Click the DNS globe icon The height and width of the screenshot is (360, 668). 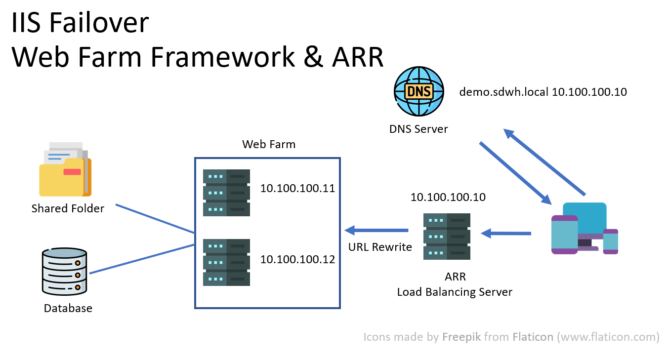pyautogui.click(x=418, y=91)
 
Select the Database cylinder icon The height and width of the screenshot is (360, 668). pyautogui.click(x=65, y=272)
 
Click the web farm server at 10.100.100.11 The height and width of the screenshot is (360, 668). pyautogui.click(x=226, y=193)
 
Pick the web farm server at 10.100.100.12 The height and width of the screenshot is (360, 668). pyautogui.click(x=226, y=262)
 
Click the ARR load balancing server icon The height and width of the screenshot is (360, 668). pyautogui.click(x=447, y=237)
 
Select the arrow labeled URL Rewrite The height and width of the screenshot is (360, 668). pyautogui.click(x=376, y=230)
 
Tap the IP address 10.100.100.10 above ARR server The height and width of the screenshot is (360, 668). pyautogui.click(x=448, y=198)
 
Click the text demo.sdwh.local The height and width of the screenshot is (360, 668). pyautogui.click(x=504, y=92)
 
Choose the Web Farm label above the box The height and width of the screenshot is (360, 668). pyautogui.click(x=268, y=144)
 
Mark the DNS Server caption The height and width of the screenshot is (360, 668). pyautogui.click(x=418, y=129)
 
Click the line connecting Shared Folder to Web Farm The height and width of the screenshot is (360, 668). pyautogui.click(x=155, y=218)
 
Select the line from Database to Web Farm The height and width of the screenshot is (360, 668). pyautogui.click(x=142, y=259)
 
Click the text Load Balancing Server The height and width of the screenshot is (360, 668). pyautogui.click(x=455, y=292)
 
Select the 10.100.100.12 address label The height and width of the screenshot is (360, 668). pyautogui.click(x=297, y=259)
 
